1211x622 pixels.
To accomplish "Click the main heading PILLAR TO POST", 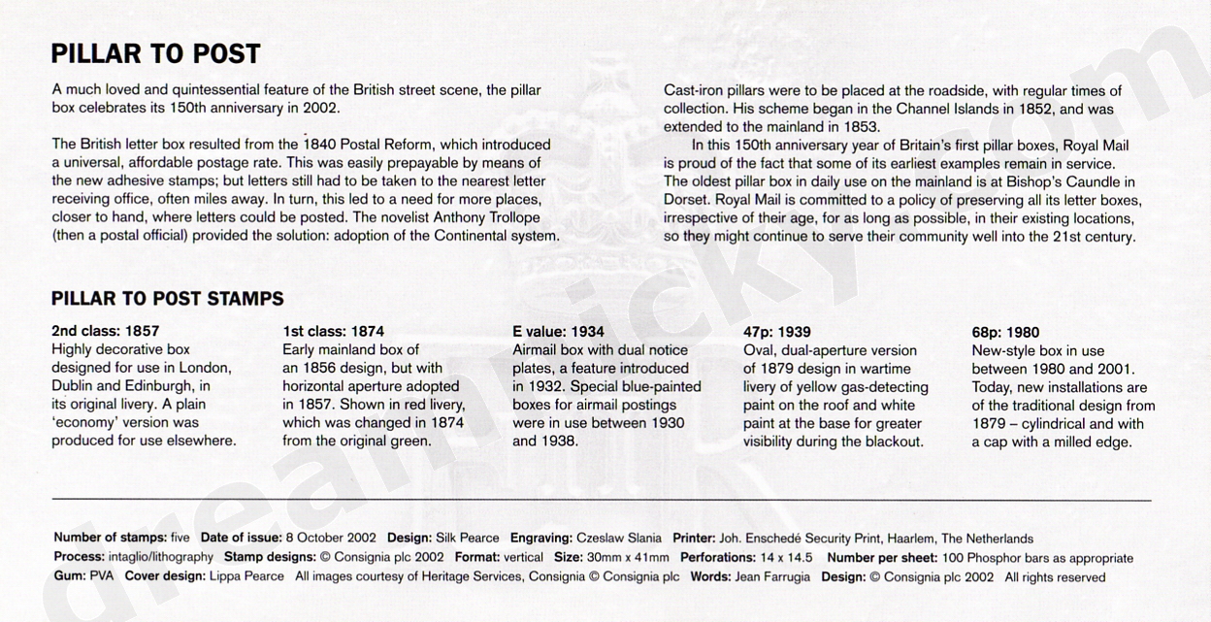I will [x=155, y=52].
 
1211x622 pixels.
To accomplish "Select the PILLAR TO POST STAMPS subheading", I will [x=167, y=299].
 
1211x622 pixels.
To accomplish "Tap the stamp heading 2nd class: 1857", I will [x=105, y=331].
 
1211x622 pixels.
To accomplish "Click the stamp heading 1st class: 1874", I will [x=333, y=331].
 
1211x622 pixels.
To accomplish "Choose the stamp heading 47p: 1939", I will [x=776, y=331].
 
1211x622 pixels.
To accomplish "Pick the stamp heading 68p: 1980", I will [x=1006, y=331].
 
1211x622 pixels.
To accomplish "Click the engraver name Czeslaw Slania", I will [x=619, y=539].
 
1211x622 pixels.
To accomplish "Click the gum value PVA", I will [x=101, y=577].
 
